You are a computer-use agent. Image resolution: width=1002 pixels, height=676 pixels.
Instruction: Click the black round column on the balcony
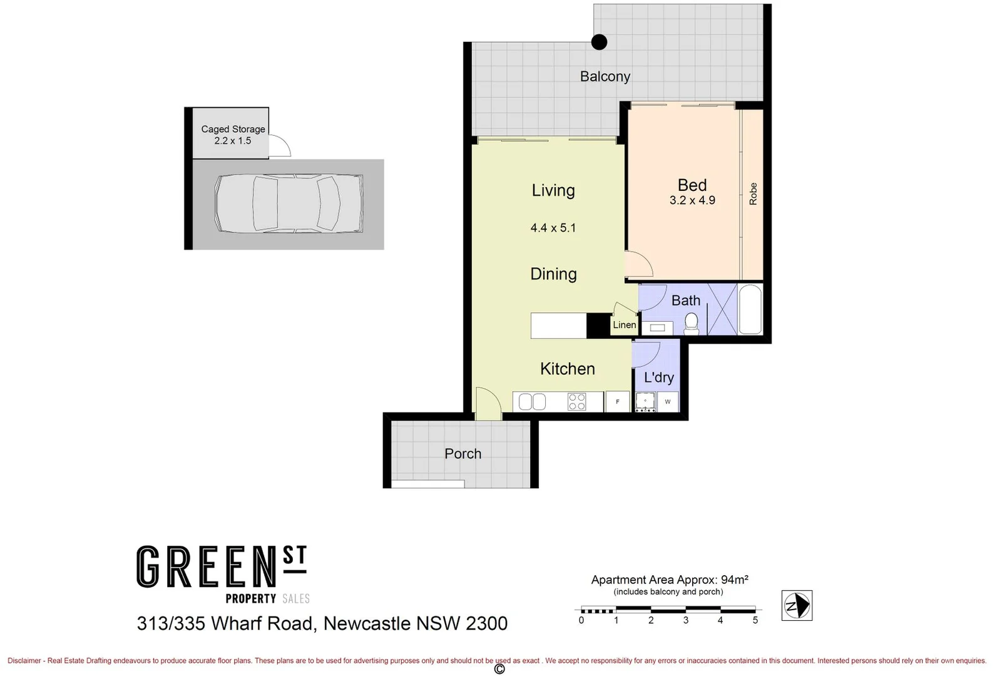[x=600, y=42]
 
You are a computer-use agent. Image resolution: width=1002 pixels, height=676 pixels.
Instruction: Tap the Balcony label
[x=605, y=76]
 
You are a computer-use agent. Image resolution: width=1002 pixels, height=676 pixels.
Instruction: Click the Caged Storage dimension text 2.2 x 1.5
[x=232, y=141]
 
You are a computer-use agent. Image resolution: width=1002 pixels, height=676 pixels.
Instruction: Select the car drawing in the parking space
[x=289, y=204]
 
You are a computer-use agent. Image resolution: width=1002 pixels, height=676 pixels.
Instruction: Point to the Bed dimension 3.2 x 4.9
[x=692, y=200]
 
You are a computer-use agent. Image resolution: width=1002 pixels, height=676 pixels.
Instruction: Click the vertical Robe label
[x=753, y=193]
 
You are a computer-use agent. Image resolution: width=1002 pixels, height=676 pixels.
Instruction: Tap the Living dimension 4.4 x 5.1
[x=553, y=228]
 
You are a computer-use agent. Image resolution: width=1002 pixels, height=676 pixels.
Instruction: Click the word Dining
[x=553, y=274]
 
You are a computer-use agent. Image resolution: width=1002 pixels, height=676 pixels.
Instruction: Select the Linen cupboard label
[x=624, y=325]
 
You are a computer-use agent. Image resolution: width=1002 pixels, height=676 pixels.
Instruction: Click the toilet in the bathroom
[x=691, y=322]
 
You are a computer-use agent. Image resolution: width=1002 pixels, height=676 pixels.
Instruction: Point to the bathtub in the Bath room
[x=750, y=310]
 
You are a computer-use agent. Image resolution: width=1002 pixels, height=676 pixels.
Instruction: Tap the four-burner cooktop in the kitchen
[x=576, y=401]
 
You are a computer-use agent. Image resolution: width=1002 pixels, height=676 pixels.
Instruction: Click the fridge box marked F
[x=618, y=401]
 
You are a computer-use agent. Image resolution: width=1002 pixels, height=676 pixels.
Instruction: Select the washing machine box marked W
[x=668, y=401]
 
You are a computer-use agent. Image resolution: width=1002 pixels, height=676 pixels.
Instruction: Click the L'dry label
[x=658, y=377]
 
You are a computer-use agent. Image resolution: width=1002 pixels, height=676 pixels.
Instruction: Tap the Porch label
[x=463, y=454]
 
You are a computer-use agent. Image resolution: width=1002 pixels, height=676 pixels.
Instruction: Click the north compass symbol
[x=797, y=605]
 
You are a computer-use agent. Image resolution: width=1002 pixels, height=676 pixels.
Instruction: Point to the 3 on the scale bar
[x=686, y=620]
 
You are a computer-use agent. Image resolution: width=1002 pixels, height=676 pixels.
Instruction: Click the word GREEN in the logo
[x=207, y=567]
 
